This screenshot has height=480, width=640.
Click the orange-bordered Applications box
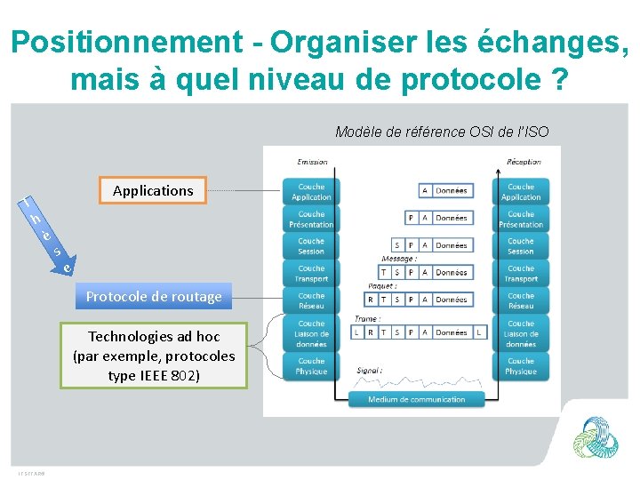pyautogui.click(x=153, y=190)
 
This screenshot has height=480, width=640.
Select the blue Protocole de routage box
pyautogui.click(x=154, y=296)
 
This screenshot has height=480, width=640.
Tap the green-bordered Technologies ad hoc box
pyautogui.click(x=154, y=356)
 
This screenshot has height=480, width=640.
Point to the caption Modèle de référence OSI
pyautogui.click(x=442, y=132)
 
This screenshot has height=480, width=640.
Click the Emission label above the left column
pyautogui.click(x=312, y=162)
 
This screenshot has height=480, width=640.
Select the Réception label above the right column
pyautogui.click(x=523, y=162)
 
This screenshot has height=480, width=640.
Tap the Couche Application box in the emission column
pyautogui.click(x=311, y=192)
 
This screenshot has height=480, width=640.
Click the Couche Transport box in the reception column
pyautogui.click(x=521, y=274)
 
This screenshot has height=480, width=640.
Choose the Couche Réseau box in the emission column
pyautogui.click(x=311, y=301)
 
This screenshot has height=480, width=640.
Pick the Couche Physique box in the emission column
pyautogui.click(x=311, y=366)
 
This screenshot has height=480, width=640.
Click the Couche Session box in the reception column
pyautogui.click(x=521, y=246)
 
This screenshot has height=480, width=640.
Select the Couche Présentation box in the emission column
pyautogui.click(x=311, y=220)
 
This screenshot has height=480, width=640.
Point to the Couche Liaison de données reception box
pyautogui.click(x=521, y=333)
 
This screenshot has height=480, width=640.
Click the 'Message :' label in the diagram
pyautogui.click(x=398, y=259)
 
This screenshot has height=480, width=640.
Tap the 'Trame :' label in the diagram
pyautogui.click(x=367, y=317)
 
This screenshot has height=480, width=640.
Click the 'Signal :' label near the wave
pyautogui.click(x=370, y=370)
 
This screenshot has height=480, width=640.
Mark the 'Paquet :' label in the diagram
pyautogui.click(x=381, y=286)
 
